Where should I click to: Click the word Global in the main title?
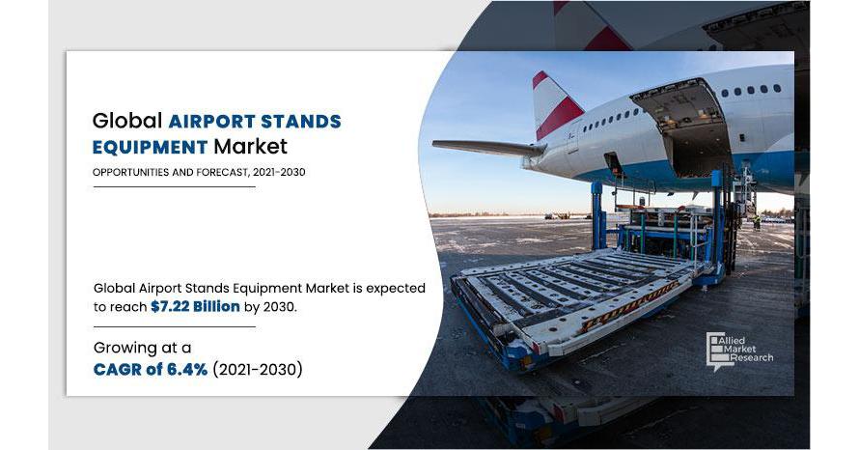coord(127,122)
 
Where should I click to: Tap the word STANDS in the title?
coord(306,122)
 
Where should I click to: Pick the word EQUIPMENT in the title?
coord(151,148)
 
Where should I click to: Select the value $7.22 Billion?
coord(195,306)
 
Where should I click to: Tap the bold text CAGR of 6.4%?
coord(150,370)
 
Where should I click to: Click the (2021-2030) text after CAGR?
coord(257,370)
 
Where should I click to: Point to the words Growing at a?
coord(143,347)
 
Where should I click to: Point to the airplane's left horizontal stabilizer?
coord(487,148)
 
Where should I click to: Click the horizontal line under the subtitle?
coord(174,186)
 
